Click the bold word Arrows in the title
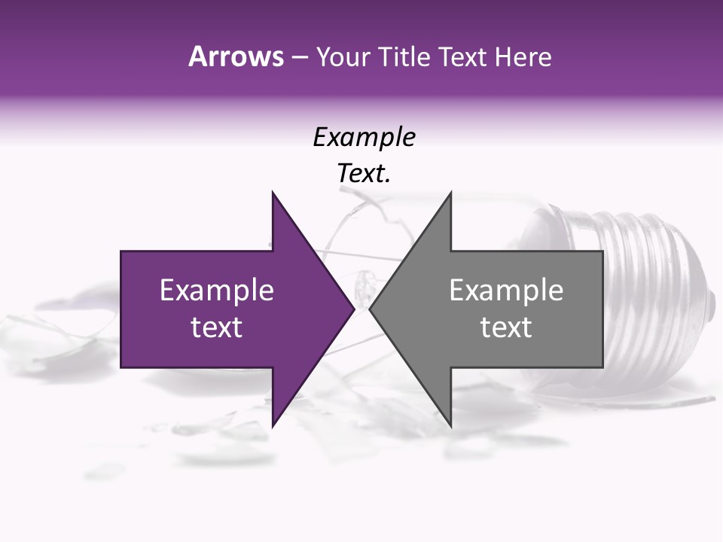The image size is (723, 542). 235,56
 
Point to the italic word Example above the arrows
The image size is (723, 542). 364,137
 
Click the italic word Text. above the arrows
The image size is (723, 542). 364,174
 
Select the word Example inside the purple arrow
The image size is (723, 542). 217,291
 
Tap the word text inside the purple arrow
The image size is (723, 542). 217,327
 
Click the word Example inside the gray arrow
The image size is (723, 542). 506,291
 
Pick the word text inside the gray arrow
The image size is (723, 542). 506,327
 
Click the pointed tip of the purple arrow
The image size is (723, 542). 354,309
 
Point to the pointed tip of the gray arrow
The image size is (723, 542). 370,309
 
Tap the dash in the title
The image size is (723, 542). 299,58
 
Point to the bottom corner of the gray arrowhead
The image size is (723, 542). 450,426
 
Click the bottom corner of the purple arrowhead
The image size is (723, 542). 273,426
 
